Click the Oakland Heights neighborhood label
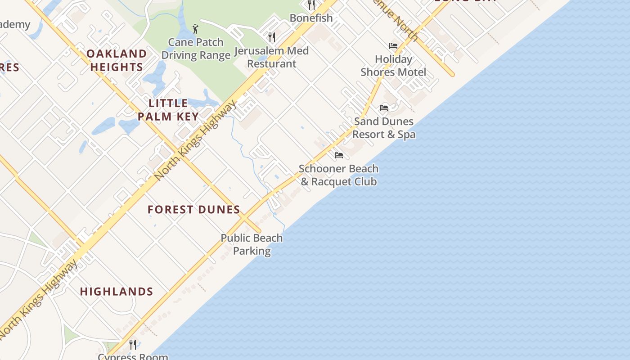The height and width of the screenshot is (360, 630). (117, 60)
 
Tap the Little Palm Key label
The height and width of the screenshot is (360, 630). (168, 110)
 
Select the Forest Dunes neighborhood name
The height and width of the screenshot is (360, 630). (194, 209)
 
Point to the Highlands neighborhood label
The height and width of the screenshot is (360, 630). (117, 292)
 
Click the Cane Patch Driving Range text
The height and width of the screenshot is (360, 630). (196, 49)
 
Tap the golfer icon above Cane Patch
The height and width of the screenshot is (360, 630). (195, 29)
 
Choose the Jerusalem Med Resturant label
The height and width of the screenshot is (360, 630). (271, 57)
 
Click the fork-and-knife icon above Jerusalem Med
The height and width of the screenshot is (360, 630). (271, 37)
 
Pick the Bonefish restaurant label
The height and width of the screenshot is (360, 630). (311, 18)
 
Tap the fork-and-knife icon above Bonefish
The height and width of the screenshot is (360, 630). (311, 5)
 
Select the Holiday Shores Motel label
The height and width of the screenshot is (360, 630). (393, 66)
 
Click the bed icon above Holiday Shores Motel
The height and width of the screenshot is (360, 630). (393, 46)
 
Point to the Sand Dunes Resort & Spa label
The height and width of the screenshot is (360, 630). (384, 128)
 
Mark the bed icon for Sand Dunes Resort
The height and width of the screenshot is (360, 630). (384, 108)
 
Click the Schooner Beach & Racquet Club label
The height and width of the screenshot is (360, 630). (338, 175)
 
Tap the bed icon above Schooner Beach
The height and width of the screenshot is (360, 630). (339, 155)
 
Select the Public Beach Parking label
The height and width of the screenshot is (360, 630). (252, 244)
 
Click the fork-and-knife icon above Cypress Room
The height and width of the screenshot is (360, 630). (133, 345)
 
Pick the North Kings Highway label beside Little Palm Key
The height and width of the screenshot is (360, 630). (195, 140)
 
